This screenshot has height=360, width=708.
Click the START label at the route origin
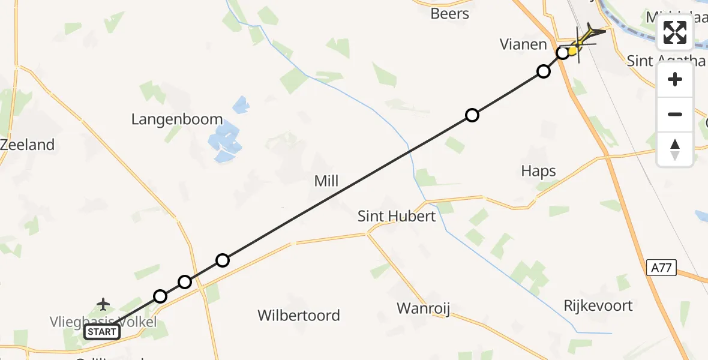(x=102, y=332)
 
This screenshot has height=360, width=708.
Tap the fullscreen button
(x=675, y=32)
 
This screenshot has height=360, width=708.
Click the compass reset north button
(x=675, y=149)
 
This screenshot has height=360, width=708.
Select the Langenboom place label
(x=177, y=119)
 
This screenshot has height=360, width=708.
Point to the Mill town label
(x=326, y=181)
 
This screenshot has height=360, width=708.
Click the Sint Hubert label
(x=397, y=216)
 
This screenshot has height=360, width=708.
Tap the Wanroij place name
(x=423, y=309)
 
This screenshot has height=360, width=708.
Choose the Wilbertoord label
(x=298, y=315)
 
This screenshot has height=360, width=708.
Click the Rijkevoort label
(x=598, y=305)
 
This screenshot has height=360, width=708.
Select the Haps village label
(x=538, y=172)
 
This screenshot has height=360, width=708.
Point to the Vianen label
(x=524, y=44)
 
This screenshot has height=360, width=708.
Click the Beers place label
(x=449, y=13)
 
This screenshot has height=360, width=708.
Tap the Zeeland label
(x=28, y=145)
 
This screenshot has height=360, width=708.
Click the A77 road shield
(x=662, y=268)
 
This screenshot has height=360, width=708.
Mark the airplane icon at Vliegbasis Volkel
(x=103, y=304)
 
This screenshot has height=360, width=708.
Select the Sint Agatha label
(x=665, y=60)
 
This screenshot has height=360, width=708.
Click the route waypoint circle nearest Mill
(x=223, y=260)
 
